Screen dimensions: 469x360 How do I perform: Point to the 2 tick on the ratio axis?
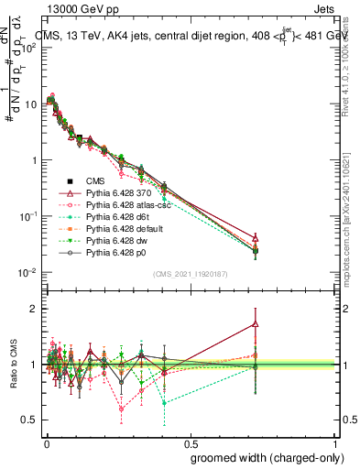[34, 309]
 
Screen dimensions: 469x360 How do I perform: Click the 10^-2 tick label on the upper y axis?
[27, 273]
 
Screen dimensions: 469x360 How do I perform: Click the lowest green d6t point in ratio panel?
[164, 403]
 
